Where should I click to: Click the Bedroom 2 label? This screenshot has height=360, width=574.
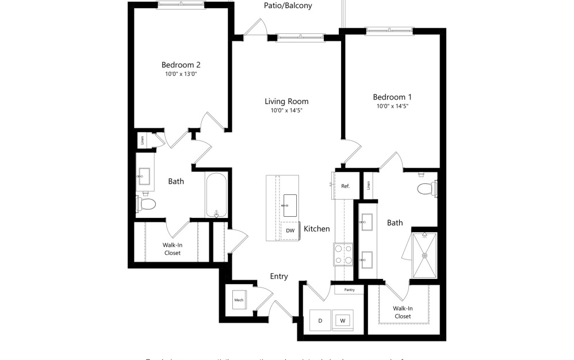tap(181, 65)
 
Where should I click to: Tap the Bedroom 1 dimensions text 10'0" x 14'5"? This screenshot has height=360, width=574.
tap(392, 106)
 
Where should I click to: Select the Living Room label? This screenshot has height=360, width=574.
tap(286, 101)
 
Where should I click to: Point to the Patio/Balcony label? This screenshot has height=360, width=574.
tap(288, 6)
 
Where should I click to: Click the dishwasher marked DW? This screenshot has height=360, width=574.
tap(290, 231)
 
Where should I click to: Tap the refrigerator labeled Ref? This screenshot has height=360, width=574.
tap(345, 186)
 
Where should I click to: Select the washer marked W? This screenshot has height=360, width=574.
tap(343, 320)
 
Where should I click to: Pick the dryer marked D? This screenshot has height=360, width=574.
tap(320, 320)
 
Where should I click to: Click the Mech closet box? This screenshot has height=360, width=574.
tap(239, 300)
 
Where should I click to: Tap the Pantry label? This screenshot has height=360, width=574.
tap(349, 290)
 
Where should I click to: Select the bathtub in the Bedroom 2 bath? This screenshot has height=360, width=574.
tap(217, 195)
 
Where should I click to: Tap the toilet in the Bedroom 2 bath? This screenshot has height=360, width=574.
tap(146, 204)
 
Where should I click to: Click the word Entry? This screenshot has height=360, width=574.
tap(279, 277)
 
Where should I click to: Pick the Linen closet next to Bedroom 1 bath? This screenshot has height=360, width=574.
tap(368, 186)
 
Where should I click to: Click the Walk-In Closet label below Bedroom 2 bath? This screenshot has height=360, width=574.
tap(171, 249)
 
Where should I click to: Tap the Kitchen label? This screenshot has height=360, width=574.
tap(316, 229)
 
